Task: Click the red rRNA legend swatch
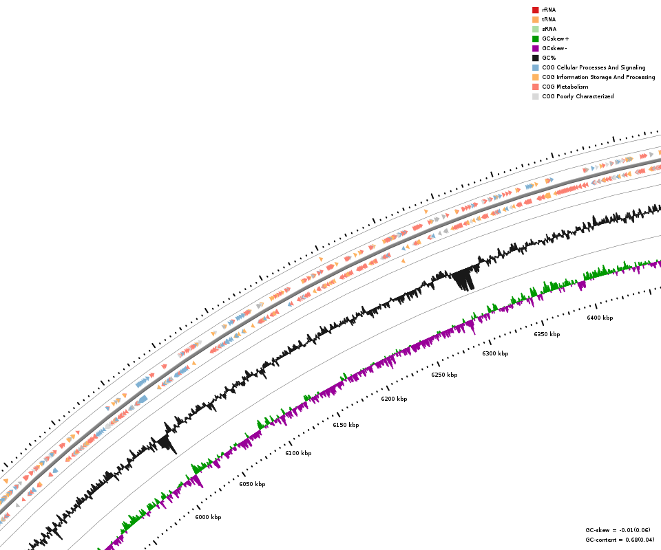[x=535, y=10]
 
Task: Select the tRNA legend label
[x=549, y=19]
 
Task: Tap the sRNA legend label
[x=549, y=29]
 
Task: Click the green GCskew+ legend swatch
[x=535, y=38]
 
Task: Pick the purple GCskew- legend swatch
[x=535, y=48]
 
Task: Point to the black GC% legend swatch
[x=535, y=58]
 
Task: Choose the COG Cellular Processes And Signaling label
[x=594, y=67]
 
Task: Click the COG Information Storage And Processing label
[x=598, y=77]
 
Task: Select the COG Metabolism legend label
[x=565, y=87]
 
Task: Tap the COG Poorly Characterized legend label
[x=578, y=96]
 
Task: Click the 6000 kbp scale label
[x=208, y=517]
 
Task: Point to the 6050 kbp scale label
[x=252, y=484]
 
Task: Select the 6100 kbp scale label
[x=298, y=453]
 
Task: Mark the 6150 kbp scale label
[x=346, y=425]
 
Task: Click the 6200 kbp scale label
[x=394, y=399]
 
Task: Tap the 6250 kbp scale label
[x=444, y=375]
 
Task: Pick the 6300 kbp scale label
[x=495, y=353]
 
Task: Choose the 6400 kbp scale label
[x=600, y=318]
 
